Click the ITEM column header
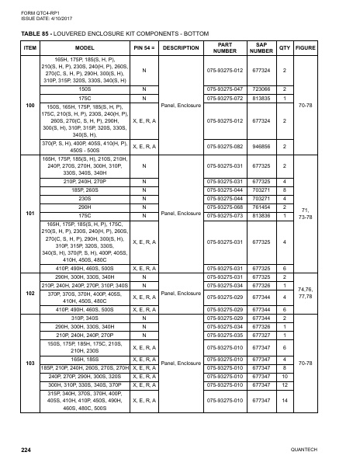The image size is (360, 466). tap(30, 47)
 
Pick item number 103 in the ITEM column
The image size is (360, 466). tap(30, 363)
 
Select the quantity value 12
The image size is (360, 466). tap(285, 385)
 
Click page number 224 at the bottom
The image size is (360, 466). tap(26, 450)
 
